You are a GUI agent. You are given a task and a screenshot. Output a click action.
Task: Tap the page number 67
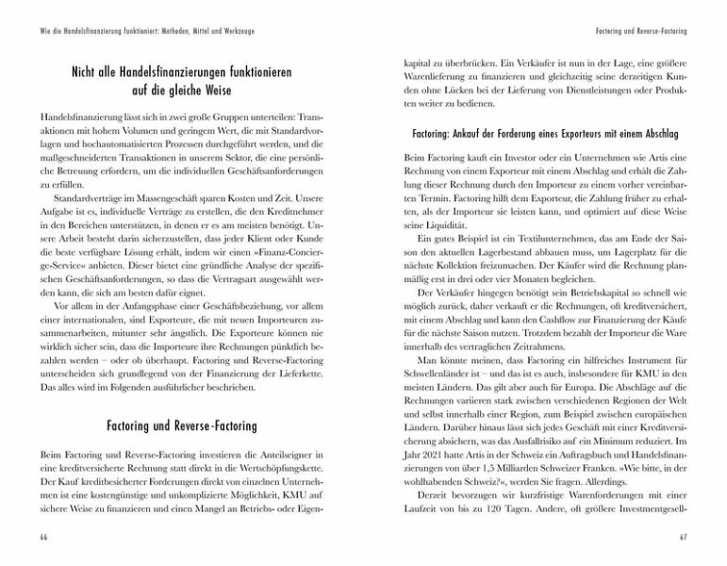coord(684,537)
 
